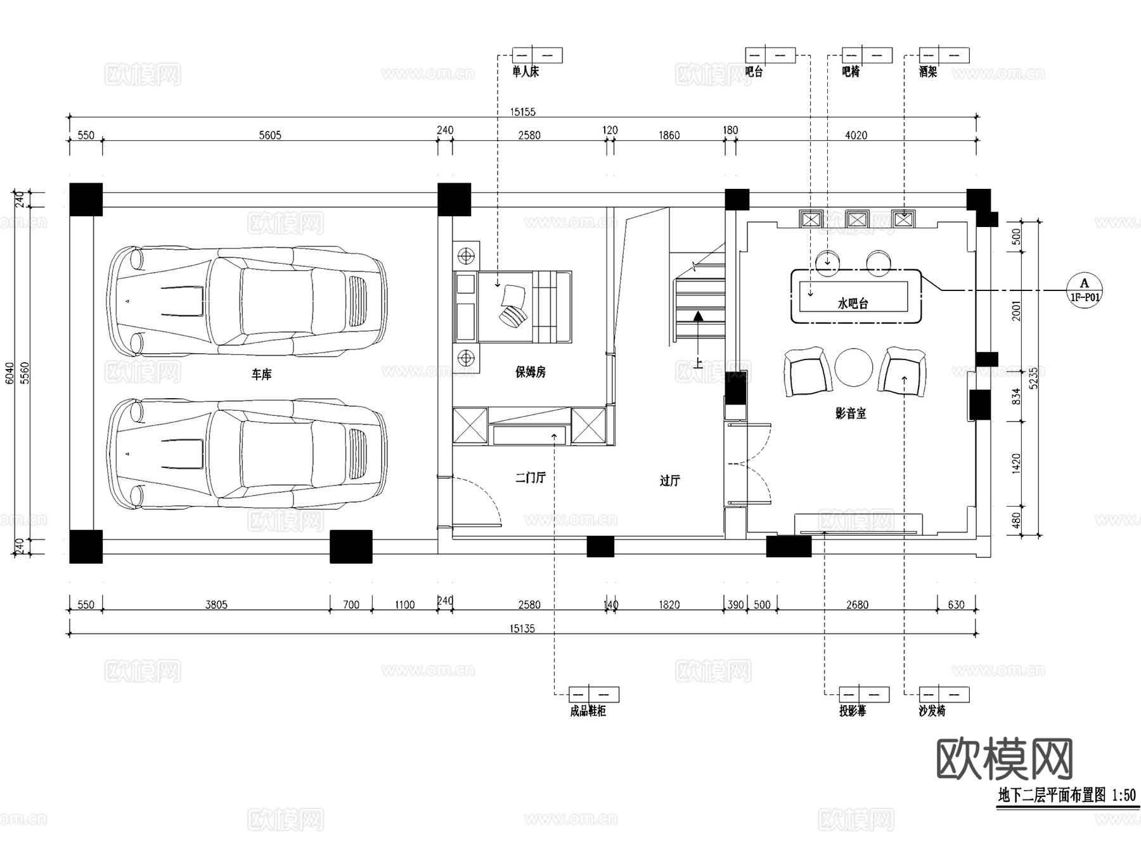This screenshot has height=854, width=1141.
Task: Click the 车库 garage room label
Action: [261, 375]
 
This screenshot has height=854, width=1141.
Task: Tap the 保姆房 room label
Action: [530, 372]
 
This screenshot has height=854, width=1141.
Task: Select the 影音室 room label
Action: [851, 413]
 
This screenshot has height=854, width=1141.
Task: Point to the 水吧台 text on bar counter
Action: [853, 304]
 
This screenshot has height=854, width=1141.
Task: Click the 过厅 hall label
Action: [669, 481]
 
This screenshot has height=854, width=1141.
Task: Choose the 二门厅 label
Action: [530, 477]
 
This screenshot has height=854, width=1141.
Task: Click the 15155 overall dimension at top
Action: [522, 112]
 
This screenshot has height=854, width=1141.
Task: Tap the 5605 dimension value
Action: [269, 135]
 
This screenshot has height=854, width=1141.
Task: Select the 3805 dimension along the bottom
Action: [216, 604]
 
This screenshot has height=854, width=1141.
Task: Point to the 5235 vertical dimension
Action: [1034, 378]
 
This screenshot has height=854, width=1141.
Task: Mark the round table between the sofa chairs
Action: [853, 367]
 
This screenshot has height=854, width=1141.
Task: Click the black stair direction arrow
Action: [698, 316]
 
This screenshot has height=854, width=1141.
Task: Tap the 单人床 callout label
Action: [525, 72]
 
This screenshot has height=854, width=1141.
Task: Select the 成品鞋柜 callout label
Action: [588, 711]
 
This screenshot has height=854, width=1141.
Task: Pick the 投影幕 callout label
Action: [852, 711]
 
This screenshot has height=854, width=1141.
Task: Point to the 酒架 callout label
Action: [927, 72]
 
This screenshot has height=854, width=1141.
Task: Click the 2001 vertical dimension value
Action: [1017, 311]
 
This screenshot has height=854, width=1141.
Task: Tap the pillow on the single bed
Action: [513, 296]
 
